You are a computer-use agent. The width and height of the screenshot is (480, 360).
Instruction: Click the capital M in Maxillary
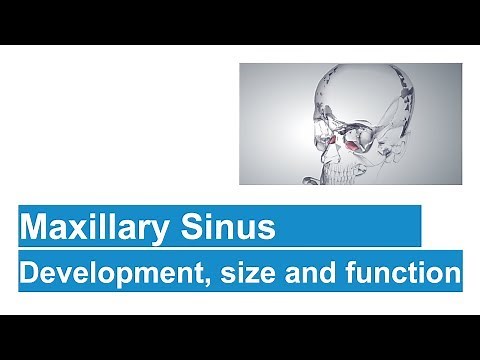coord(34,228)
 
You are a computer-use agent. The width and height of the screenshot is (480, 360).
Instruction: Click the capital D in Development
coord(28,271)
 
